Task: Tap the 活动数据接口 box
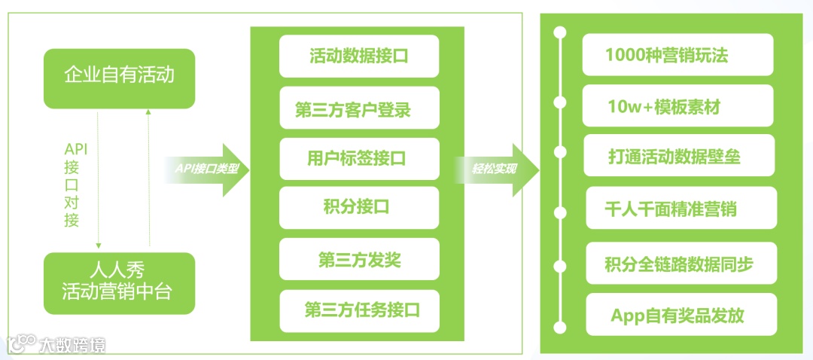tap(358, 56)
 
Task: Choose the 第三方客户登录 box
tap(358, 111)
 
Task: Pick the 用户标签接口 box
tap(358, 159)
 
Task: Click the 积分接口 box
tap(358, 207)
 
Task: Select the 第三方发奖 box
tap(358, 260)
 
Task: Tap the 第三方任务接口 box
tap(358, 310)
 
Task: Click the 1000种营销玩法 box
tap(677, 56)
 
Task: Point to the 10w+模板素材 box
tap(677, 106)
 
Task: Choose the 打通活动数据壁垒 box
tap(677, 156)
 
